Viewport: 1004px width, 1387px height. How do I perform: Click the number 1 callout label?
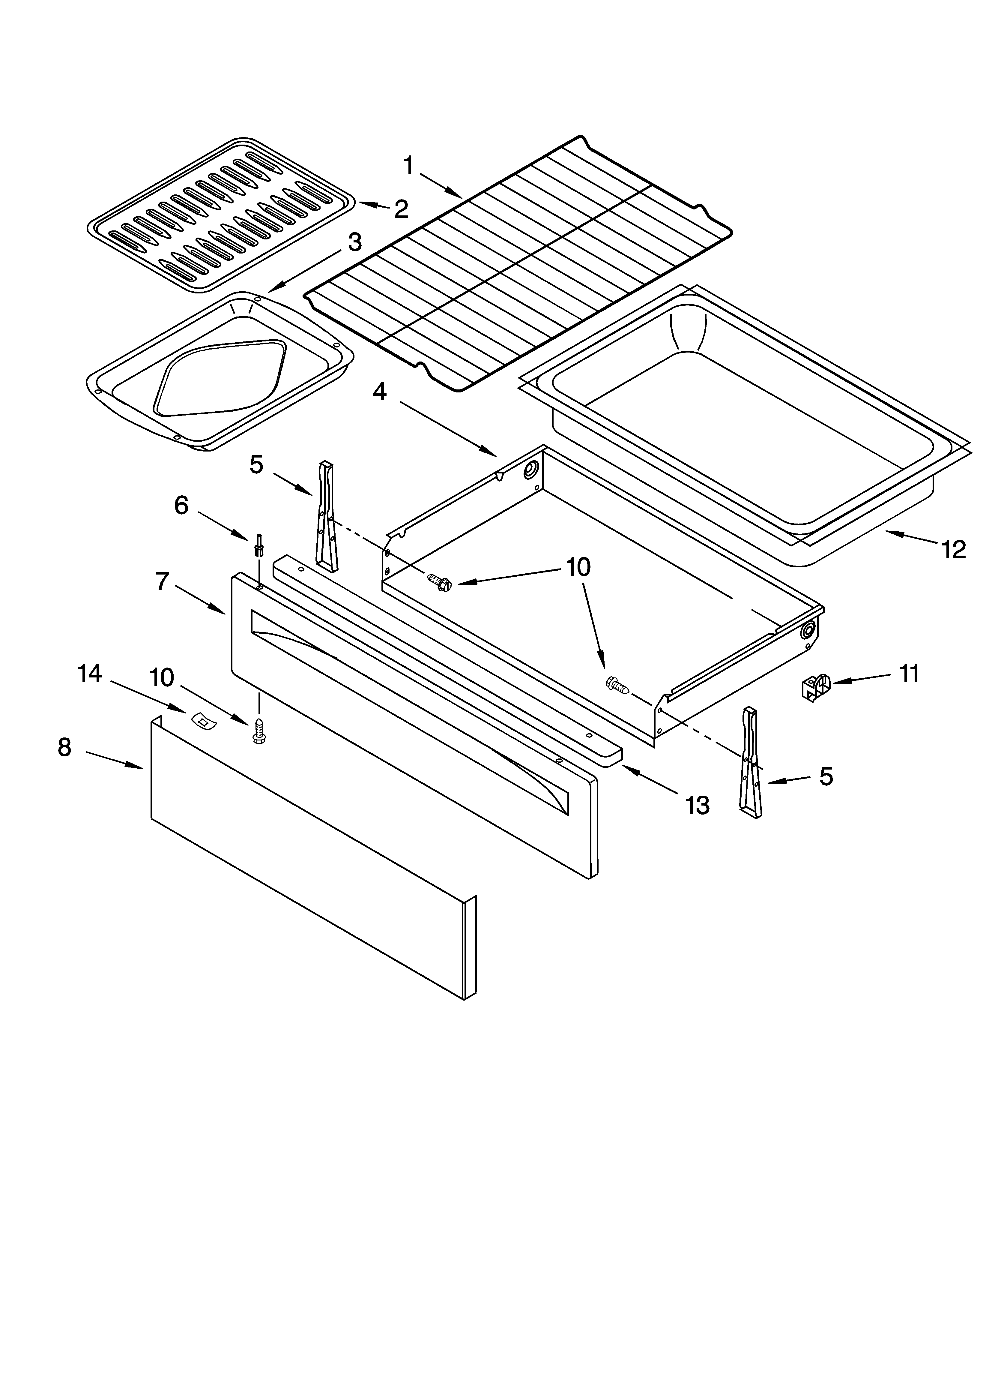point(408,165)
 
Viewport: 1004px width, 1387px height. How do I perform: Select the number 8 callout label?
point(65,747)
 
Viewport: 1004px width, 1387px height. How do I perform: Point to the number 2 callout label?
point(401,209)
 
